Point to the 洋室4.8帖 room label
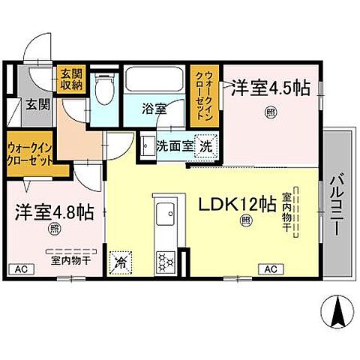(x=52, y=212)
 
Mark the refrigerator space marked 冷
(x=119, y=262)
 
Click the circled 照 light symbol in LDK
(x=245, y=220)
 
